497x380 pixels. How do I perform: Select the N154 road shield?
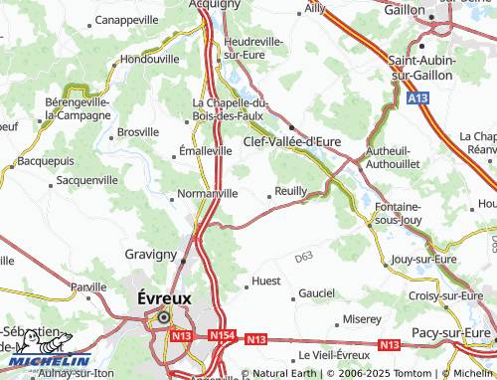click(x=224, y=337)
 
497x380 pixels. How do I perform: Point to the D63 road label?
click(x=304, y=259)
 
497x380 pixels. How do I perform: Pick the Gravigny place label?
click(x=150, y=255)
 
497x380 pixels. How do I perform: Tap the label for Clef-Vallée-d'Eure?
click(x=292, y=142)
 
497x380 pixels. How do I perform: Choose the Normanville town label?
click(x=207, y=193)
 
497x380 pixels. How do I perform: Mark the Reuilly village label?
click(x=290, y=193)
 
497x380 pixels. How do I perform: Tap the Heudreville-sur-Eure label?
click(x=242, y=48)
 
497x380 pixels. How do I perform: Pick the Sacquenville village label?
click(x=86, y=180)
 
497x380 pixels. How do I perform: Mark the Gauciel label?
click(x=317, y=293)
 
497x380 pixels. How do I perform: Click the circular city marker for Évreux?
click(x=162, y=318)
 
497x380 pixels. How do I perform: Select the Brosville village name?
click(x=138, y=131)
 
